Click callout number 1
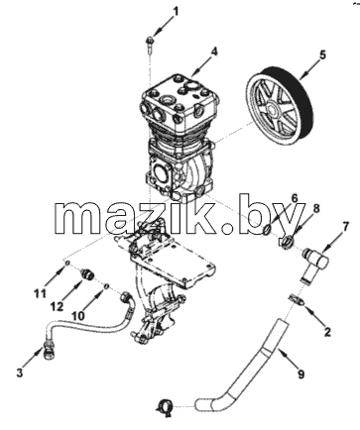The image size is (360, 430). coord(176,11)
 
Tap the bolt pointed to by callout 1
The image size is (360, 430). coord(149,45)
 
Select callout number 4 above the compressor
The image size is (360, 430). coord(214,52)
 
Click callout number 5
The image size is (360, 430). coord(322,54)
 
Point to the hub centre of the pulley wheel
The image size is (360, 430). coord(272,108)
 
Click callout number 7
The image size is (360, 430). coord(345,227)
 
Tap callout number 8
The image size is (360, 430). coord(316,209)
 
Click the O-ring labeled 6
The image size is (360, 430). coord(268,230)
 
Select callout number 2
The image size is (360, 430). coord(327,332)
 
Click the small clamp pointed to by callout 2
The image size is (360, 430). coord(297,299)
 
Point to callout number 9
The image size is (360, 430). coord(300,375)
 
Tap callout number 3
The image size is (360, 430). coord(20,373)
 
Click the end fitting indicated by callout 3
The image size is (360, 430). coord(49,350)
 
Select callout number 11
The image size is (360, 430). coord(41,293)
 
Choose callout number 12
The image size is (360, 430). coord(58,307)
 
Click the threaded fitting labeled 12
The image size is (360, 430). coord(88,273)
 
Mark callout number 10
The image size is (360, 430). coord(78,315)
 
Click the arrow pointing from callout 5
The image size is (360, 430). coord(308,70)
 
